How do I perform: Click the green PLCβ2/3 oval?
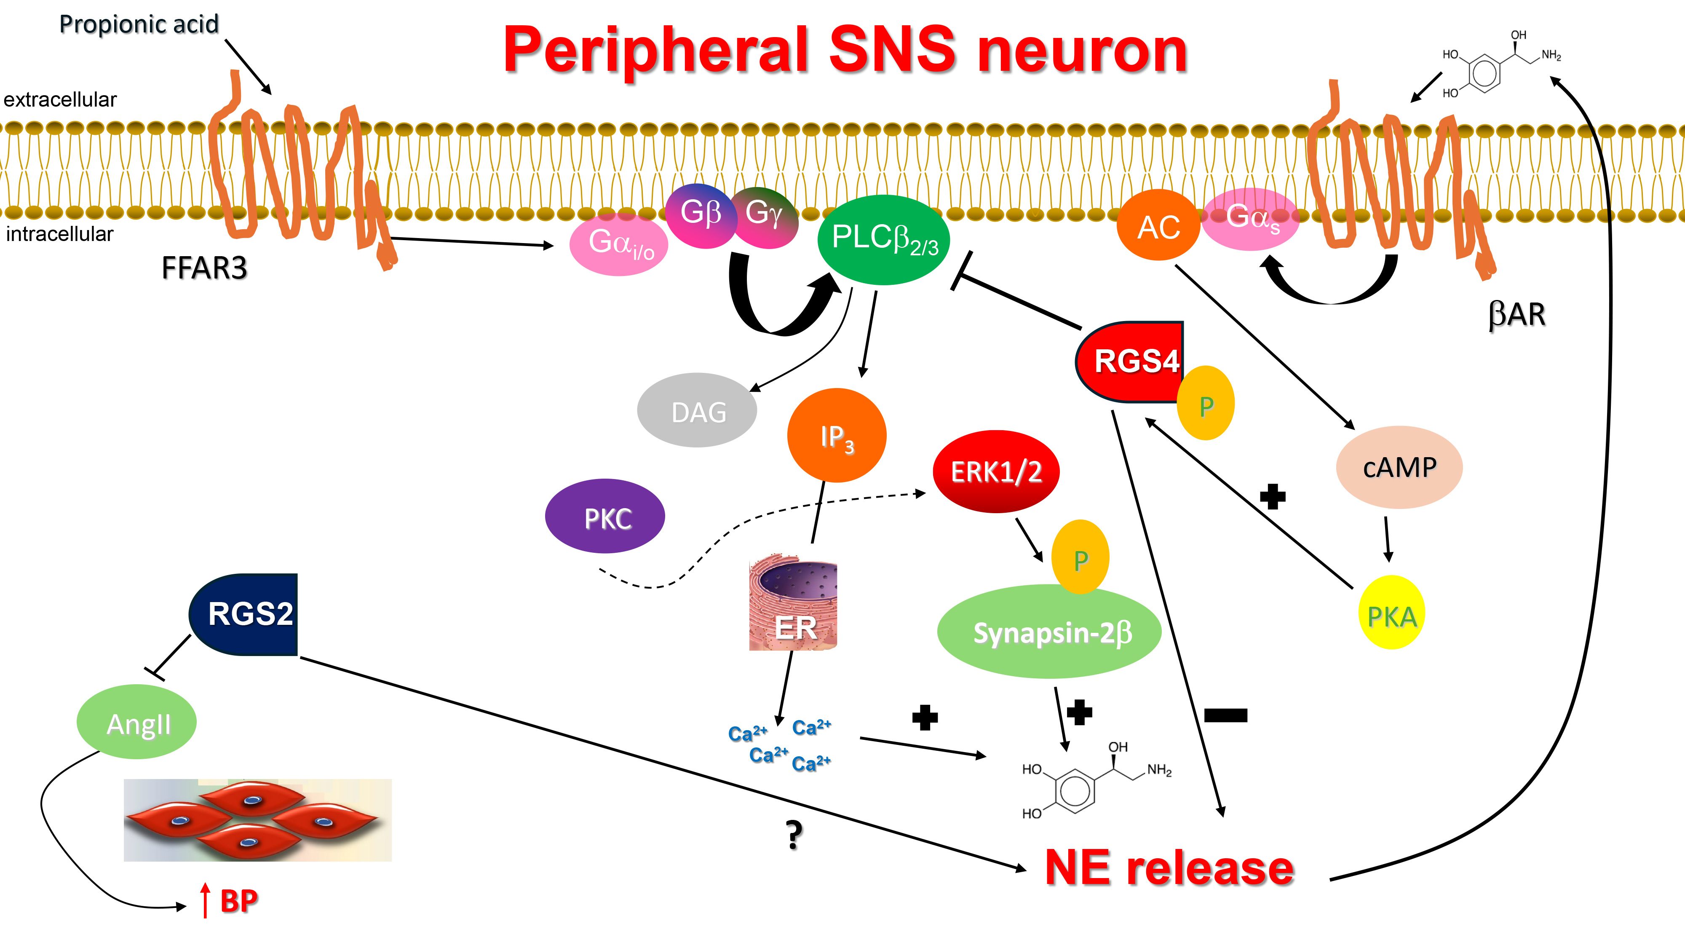(x=883, y=239)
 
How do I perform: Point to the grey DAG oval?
(x=697, y=411)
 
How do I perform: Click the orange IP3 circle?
(x=837, y=435)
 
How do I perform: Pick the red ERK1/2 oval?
(x=995, y=471)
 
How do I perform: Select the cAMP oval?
(x=1399, y=467)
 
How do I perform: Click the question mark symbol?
(x=794, y=834)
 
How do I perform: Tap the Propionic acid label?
(x=139, y=24)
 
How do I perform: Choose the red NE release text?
(x=1169, y=868)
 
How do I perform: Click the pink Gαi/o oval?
(x=619, y=244)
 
